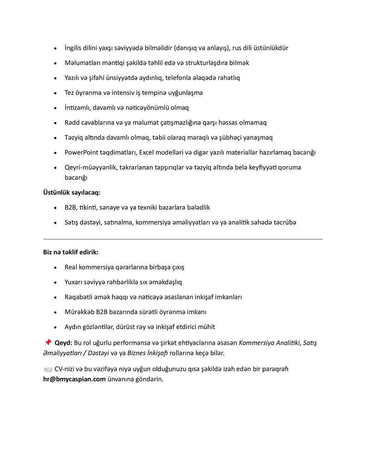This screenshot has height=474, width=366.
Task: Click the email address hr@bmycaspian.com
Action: [74, 379]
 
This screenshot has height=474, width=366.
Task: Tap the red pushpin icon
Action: [48, 343]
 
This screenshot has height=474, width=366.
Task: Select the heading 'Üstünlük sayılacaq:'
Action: [72, 192]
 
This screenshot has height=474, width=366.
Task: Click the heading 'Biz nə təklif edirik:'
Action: [71, 252]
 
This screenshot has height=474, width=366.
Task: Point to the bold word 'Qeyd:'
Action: [63, 343]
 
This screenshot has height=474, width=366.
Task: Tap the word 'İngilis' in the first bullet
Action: [73, 48]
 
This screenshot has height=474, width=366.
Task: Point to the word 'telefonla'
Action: [178, 78]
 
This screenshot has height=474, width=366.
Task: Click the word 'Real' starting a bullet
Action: [71, 267]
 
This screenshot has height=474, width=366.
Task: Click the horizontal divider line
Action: [183, 239]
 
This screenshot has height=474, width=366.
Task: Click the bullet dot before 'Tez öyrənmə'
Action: [55, 93]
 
